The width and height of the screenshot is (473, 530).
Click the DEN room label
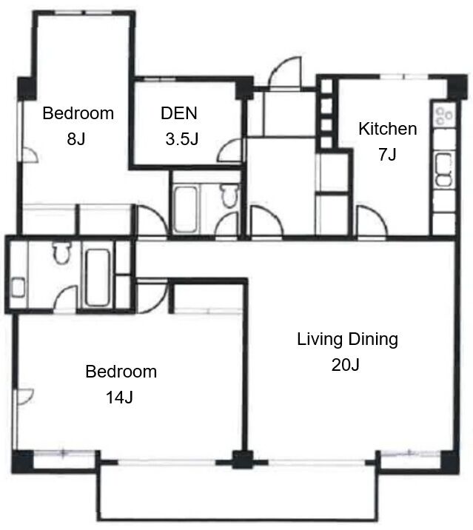coord(179,113)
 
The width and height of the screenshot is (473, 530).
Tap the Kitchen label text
coord(387,129)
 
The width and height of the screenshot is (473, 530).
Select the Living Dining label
coord(347,339)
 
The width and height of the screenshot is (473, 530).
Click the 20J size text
coord(345,365)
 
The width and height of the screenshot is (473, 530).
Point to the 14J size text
coord(119,397)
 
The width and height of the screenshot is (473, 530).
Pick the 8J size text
coord(76,138)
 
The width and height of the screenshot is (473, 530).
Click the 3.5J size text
coord(181,138)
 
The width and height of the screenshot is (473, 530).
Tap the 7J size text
coord(387,155)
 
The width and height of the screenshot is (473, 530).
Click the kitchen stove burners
coord(444,115)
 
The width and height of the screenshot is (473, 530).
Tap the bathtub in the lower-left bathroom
coord(98,278)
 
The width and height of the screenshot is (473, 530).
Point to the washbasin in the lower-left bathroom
coord(19,288)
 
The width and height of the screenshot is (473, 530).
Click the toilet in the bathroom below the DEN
coord(229,195)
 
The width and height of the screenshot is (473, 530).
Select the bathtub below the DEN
coord(186,209)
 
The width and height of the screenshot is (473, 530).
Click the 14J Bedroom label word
coord(121,372)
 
